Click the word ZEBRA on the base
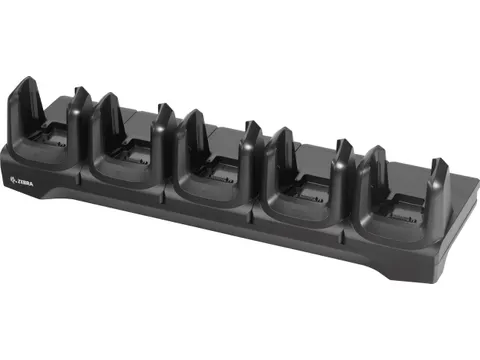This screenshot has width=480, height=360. tap(26, 183)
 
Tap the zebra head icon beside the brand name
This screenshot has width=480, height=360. tap(14, 180)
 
